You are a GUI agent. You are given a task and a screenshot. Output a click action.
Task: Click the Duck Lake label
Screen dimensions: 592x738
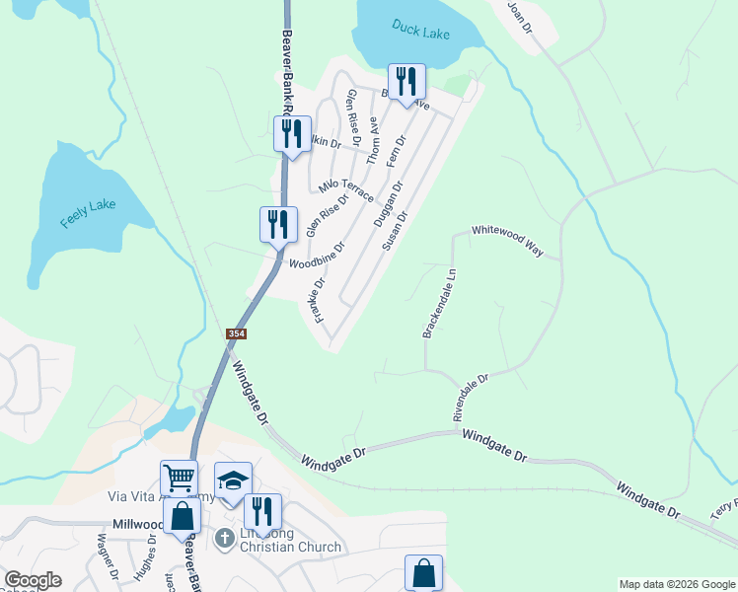pyautogui.click(x=420, y=30)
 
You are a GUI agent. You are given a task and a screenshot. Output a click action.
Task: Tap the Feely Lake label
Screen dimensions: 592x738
pyautogui.click(x=89, y=213)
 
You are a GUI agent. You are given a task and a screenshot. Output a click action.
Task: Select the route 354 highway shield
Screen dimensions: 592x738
pyautogui.click(x=236, y=334)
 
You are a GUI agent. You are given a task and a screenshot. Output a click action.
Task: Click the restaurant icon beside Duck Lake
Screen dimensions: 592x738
pyautogui.click(x=406, y=83)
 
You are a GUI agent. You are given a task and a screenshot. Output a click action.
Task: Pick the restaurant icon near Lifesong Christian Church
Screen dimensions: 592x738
pyautogui.click(x=261, y=511)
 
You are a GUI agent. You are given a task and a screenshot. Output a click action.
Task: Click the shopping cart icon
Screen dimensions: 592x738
pyautogui.click(x=179, y=479)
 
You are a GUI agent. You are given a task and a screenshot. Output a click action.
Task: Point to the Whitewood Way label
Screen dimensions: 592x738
pyautogui.click(x=507, y=241)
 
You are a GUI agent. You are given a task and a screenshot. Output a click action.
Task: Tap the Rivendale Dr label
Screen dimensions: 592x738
pyautogui.click(x=472, y=397)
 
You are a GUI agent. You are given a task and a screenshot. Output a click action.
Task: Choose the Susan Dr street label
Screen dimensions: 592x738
pyautogui.click(x=395, y=230)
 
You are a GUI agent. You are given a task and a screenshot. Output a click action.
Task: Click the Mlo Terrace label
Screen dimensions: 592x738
pyautogui.click(x=345, y=189)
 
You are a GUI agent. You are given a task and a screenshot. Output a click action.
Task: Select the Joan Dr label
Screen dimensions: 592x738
pyautogui.click(x=520, y=18)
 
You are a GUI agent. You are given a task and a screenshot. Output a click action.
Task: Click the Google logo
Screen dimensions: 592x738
pyautogui.click(x=33, y=580)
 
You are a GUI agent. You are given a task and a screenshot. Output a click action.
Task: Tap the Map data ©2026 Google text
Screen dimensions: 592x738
pyautogui.click(x=676, y=584)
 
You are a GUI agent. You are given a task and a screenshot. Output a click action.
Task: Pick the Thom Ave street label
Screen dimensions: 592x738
pyautogui.click(x=373, y=140)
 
